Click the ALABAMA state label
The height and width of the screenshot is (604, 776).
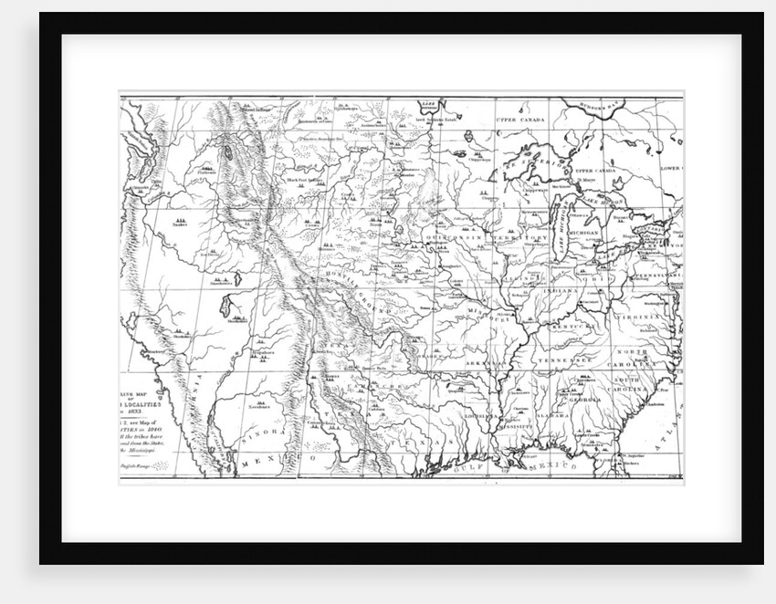point(552,415)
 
